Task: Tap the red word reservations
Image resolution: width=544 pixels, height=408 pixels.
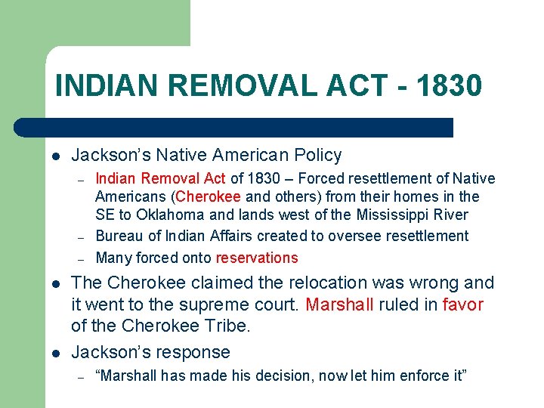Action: [257, 258]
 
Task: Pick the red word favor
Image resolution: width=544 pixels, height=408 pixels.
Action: [462, 305]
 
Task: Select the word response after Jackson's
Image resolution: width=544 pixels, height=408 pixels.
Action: [194, 353]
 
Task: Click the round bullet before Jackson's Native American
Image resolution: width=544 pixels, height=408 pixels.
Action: [55, 156]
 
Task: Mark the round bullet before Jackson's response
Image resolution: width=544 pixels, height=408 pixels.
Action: [55, 353]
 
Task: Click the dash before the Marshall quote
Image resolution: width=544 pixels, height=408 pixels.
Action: [79, 376]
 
